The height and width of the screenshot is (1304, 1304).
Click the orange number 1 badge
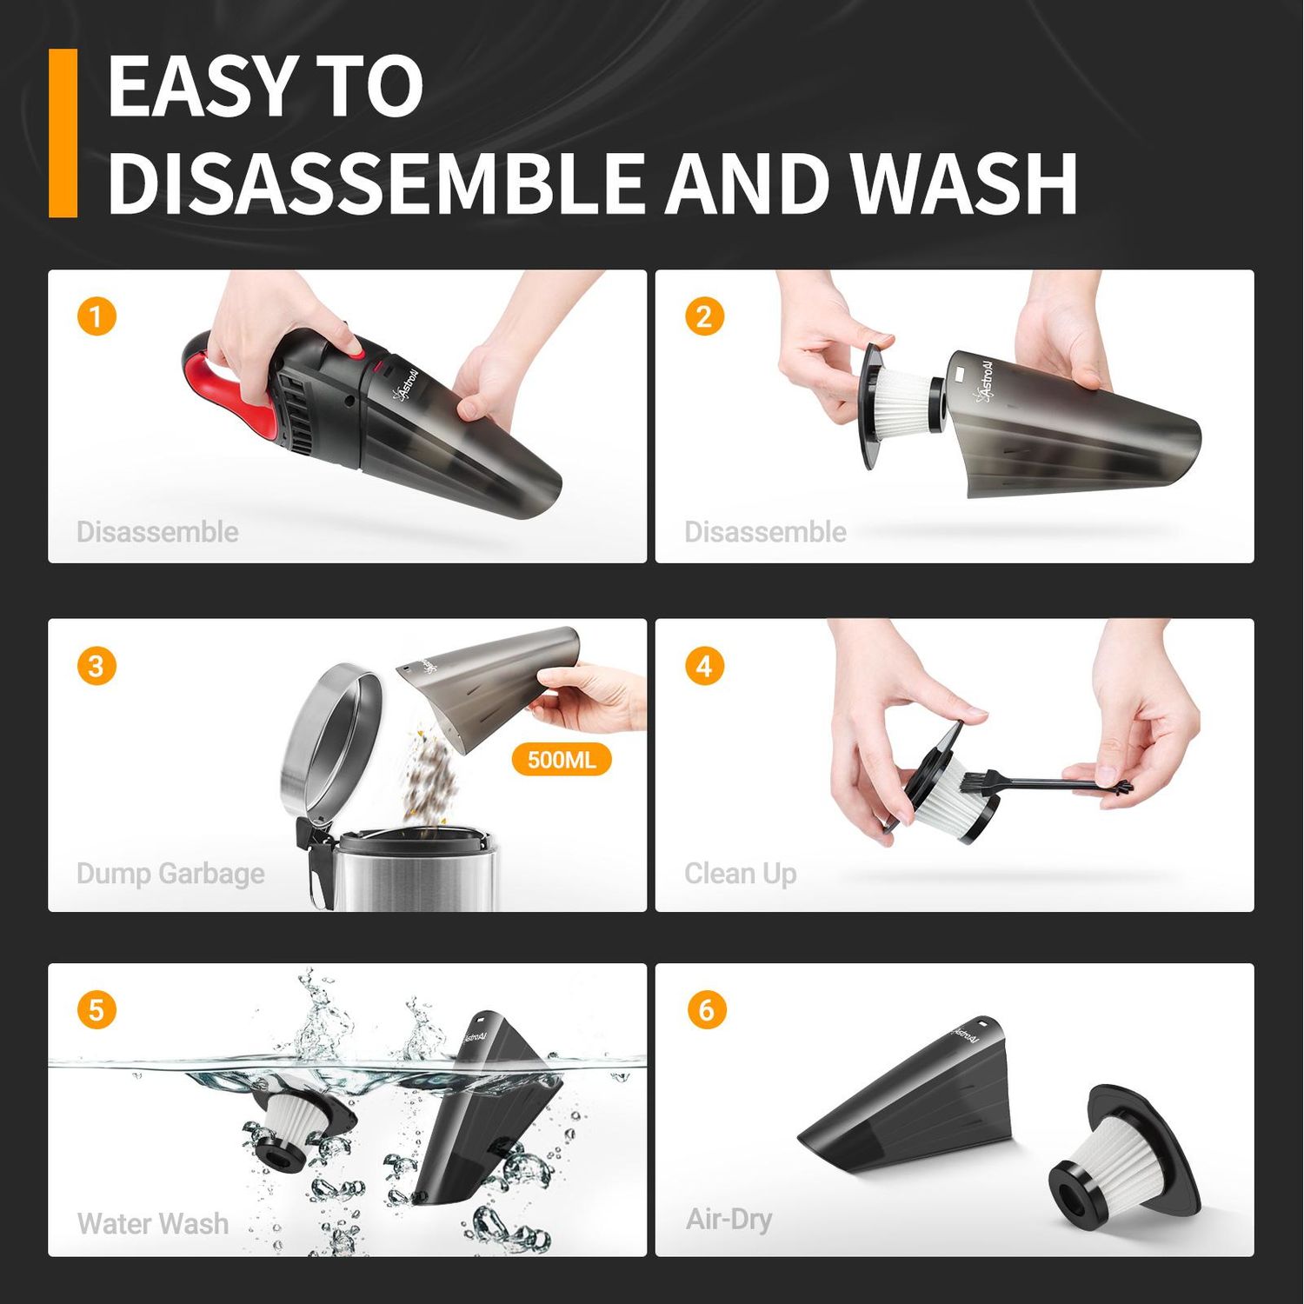96,316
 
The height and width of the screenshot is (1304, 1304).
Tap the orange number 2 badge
704,316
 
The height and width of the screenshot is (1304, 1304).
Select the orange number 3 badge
96,666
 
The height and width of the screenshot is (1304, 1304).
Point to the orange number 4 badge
704,666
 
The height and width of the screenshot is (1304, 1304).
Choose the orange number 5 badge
96,1010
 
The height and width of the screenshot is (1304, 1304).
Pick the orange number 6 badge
706,1010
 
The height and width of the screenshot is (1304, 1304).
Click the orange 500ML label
562,760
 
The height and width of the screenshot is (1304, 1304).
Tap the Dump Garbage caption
170,873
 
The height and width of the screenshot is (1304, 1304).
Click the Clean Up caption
740,873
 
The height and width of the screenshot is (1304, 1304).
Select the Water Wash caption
153,1223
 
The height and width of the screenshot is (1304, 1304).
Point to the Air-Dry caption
729,1219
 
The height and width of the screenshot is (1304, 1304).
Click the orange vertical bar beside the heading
63,132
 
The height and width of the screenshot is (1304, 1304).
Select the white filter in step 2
904,404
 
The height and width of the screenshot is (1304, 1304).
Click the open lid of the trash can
330,739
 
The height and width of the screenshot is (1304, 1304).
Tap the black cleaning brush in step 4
1043,785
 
